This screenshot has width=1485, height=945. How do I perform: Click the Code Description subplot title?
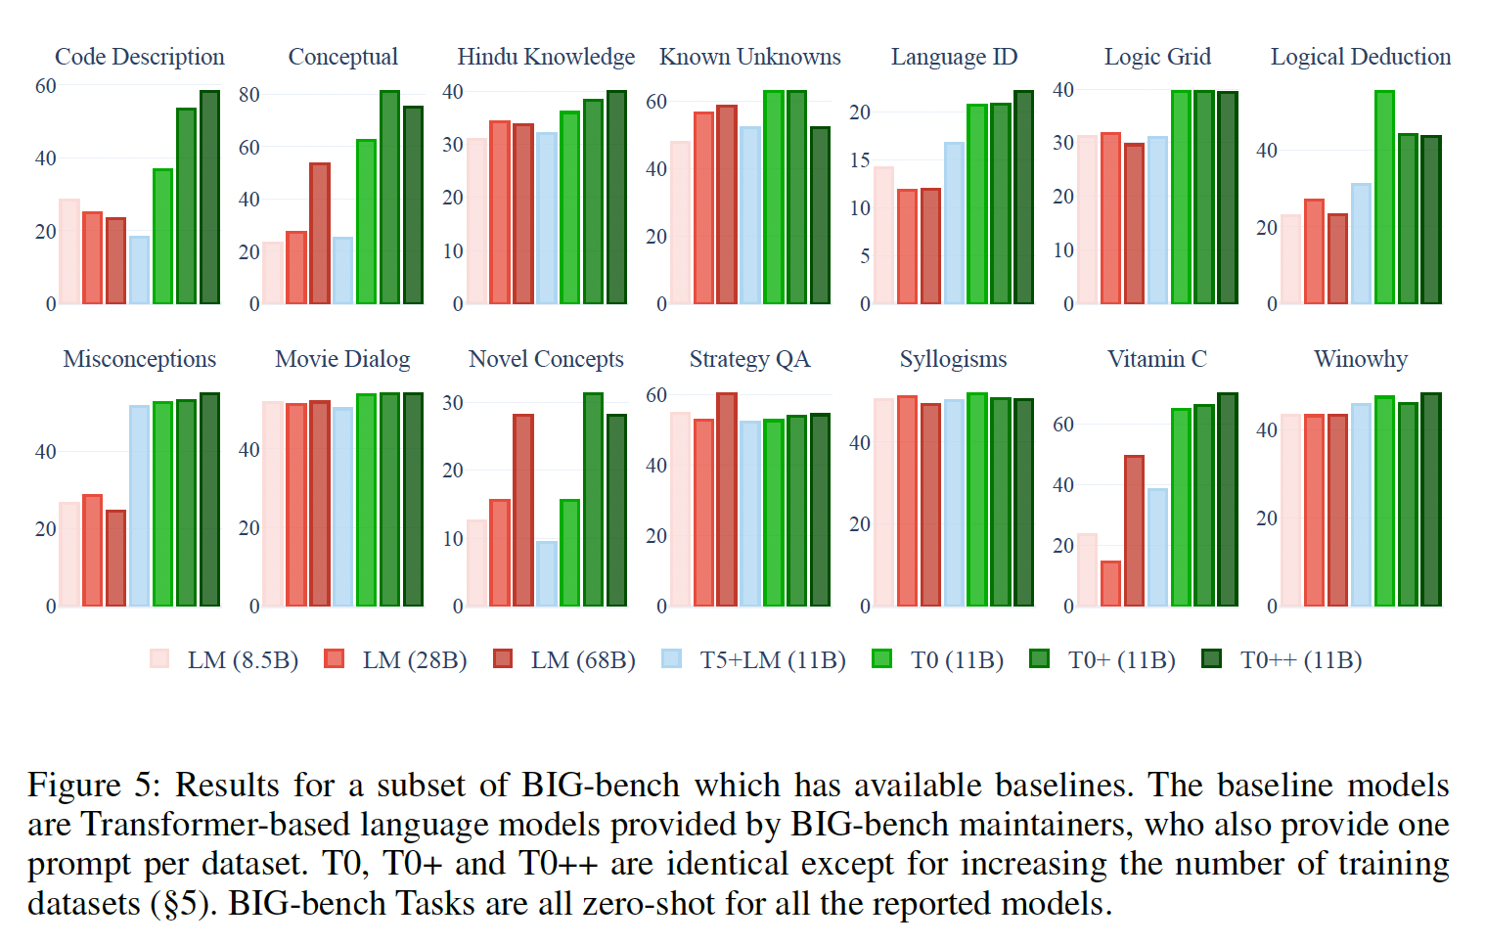(x=139, y=57)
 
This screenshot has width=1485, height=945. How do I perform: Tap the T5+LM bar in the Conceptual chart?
(x=342, y=271)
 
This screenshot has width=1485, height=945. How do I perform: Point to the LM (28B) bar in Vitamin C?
(x=1110, y=584)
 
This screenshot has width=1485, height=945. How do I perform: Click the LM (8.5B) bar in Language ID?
(x=883, y=236)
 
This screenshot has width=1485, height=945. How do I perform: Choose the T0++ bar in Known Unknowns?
(x=820, y=216)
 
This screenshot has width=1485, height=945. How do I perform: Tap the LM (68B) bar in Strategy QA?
(x=727, y=500)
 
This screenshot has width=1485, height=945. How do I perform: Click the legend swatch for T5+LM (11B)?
(x=671, y=659)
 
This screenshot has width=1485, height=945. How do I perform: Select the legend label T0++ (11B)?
(x=1301, y=660)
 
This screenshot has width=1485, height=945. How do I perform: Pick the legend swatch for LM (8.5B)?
(x=159, y=659)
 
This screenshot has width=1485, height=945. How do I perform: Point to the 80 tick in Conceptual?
(x=249, y=95)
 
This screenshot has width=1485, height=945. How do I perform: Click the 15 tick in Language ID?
(x=859, y=160)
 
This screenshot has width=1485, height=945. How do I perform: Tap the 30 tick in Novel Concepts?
(x=453, y=403)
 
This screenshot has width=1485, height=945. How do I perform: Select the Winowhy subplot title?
(x=1360, y=359)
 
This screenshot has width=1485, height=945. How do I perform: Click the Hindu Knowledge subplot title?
(x=546, y=57)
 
